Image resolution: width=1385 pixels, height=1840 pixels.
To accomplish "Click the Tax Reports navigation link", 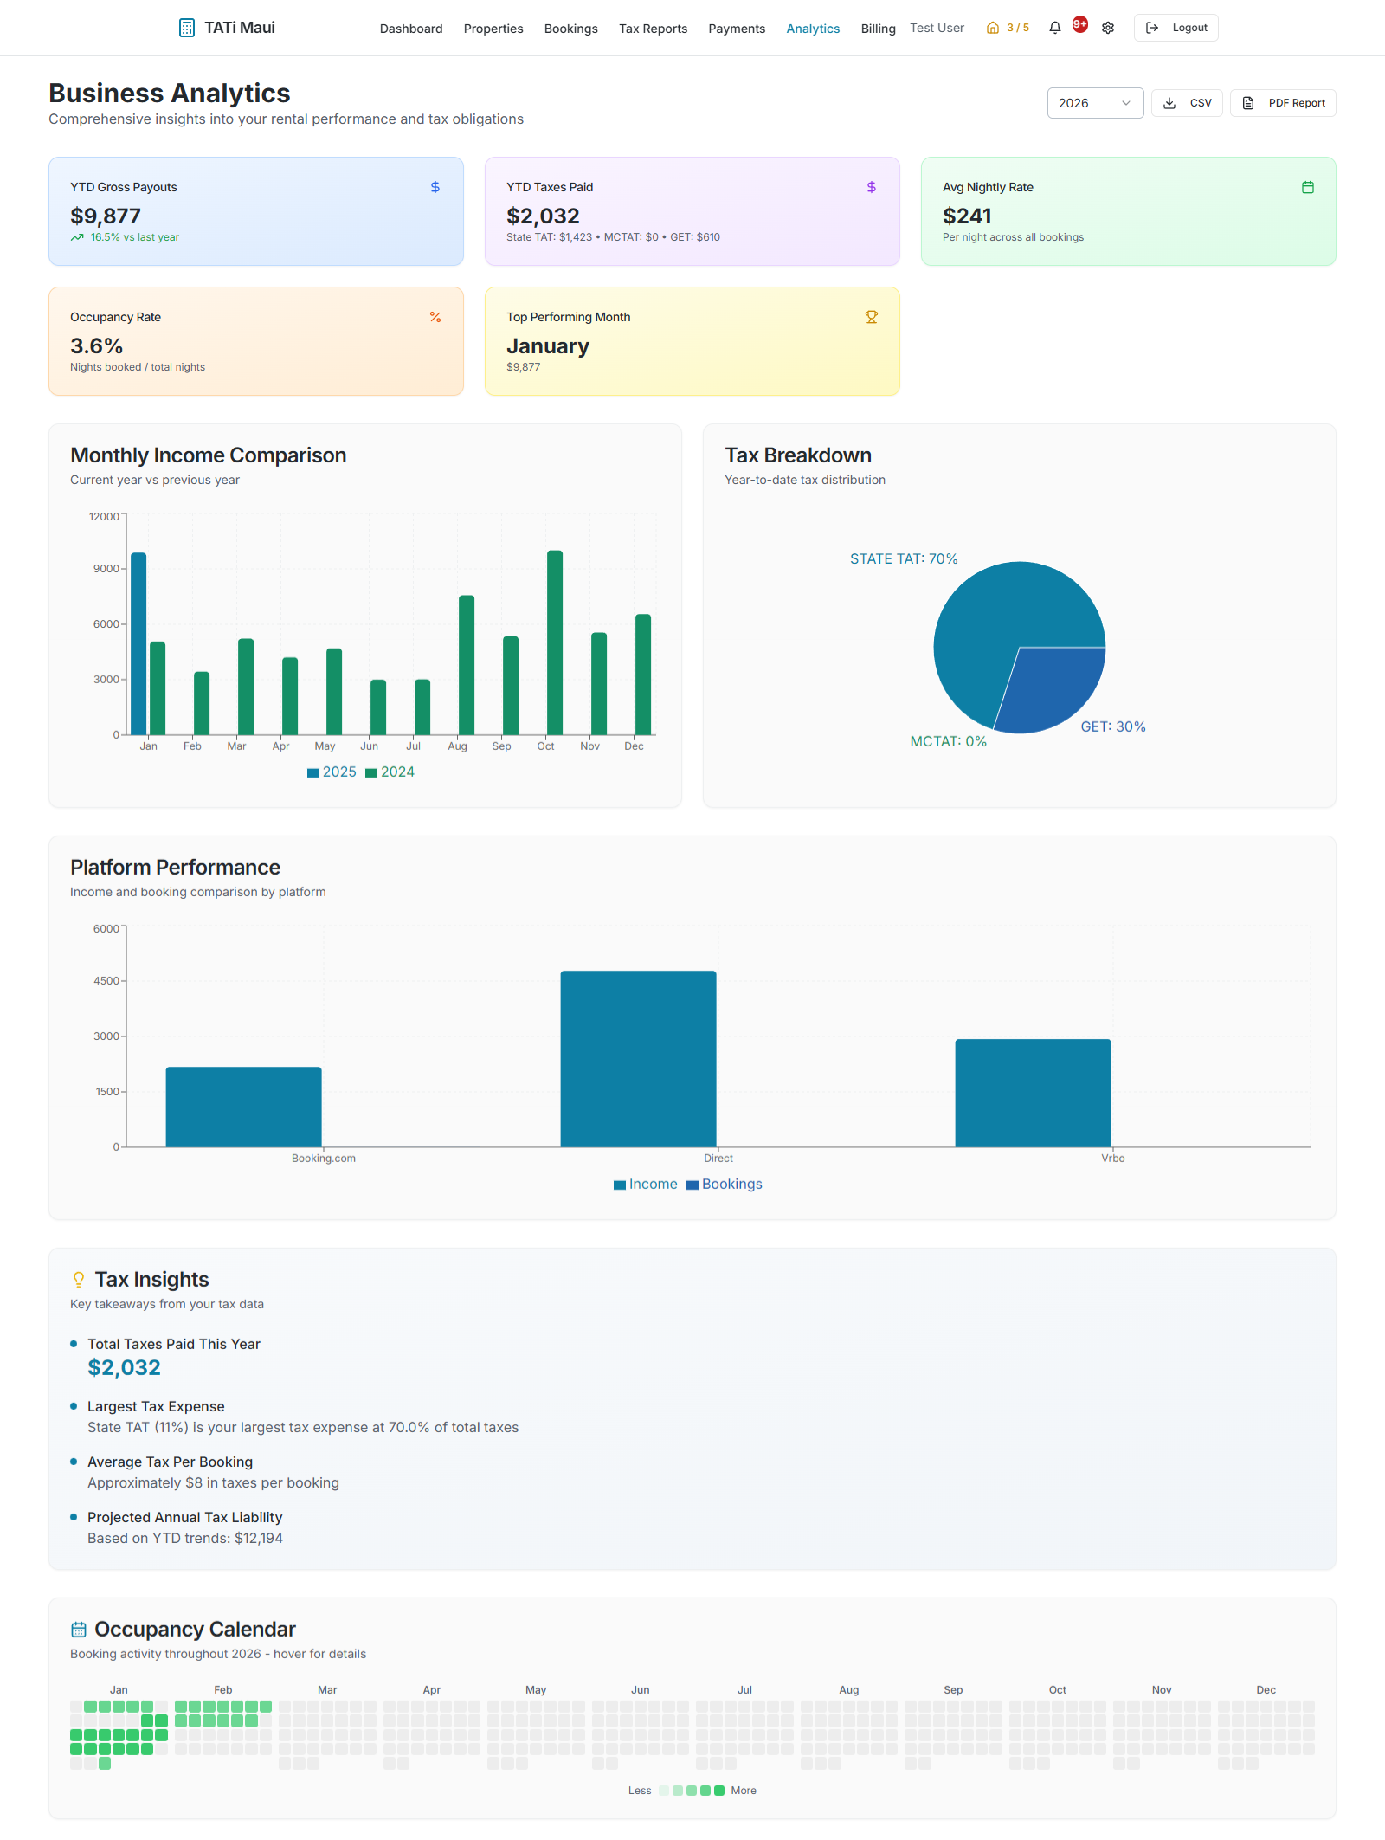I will click(653, 29).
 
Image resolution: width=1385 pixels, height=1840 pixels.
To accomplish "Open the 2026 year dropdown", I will click(1094, 103).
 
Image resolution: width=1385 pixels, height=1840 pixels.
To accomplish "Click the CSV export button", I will click(1187, 103).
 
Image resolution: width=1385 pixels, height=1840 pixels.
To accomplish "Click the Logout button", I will click(1176, 28).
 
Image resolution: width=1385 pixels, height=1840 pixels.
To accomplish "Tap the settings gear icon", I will click(1108, 28).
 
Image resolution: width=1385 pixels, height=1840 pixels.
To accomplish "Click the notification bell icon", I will click(1054, 28).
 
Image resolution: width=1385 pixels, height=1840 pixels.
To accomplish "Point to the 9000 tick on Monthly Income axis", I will click(106, 569).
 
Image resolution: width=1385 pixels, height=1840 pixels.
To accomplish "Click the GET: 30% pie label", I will click(1112, 726).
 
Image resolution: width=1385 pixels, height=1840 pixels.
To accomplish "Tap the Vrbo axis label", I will click(1112, 1159).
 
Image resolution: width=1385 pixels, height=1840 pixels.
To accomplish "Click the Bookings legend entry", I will click(725, 1185).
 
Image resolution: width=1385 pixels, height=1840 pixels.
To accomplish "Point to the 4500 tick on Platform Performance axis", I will click(106, 981).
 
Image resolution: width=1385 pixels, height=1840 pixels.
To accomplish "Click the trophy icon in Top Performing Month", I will click(872, 318).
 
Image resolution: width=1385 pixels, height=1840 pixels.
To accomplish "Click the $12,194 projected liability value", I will click(259, 1539).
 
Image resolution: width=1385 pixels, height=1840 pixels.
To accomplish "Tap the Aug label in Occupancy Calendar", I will click(848, 1690).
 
